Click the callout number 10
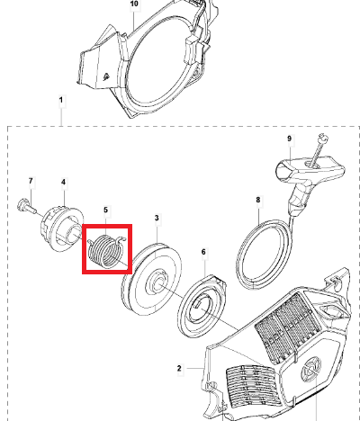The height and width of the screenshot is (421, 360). (134, 4)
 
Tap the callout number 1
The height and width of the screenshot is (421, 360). (61, 100)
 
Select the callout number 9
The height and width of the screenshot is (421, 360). (289, 139)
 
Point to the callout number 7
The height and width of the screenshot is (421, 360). (31, 181)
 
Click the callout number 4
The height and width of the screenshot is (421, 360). (63, 182)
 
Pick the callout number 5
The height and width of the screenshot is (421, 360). (105, 210)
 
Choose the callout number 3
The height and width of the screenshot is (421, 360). (157, 218)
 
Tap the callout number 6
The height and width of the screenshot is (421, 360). (203, 252)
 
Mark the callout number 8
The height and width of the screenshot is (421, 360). (258, 200)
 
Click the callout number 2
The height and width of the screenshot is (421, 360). (179, 368)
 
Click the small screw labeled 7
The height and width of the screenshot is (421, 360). (26, 206)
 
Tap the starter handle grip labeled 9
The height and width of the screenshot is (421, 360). (306, 180)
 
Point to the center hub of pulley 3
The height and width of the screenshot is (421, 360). (156, 282)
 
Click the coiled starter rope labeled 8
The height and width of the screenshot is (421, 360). (264, 255)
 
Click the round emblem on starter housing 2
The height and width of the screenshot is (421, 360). (312, 368)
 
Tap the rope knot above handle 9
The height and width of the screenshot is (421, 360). (324, 138)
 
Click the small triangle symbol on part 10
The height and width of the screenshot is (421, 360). (105, 77)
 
